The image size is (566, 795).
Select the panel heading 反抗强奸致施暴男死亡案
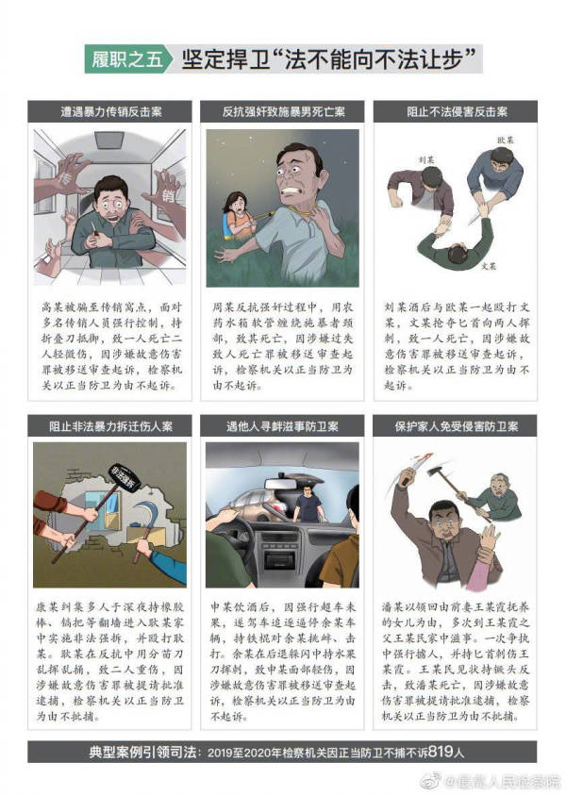282,112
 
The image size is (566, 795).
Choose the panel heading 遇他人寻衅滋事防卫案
282,425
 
